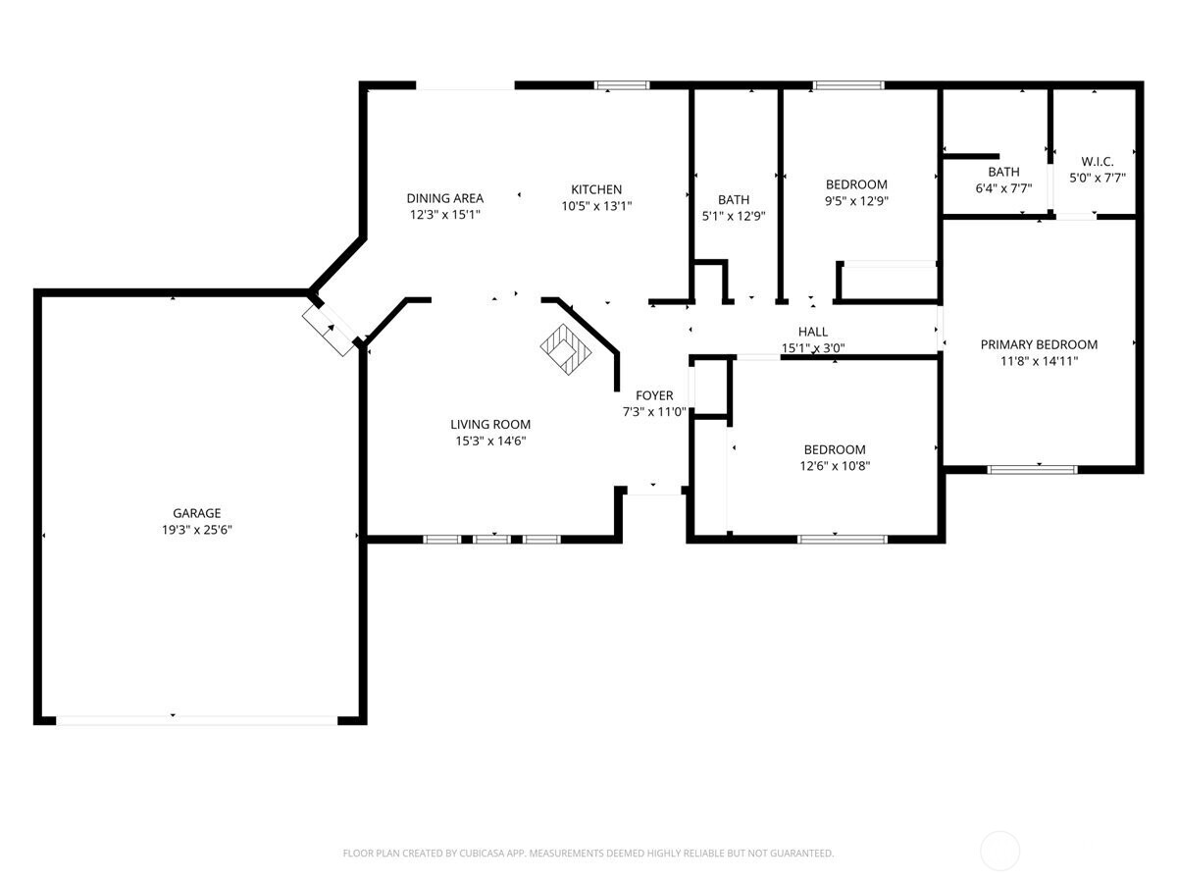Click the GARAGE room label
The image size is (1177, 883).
point(196,513)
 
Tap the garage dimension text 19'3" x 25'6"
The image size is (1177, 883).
point(196,529)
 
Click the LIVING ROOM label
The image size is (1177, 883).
point(490,425)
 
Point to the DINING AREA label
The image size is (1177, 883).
point(445,198)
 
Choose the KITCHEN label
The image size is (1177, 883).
point(596,189)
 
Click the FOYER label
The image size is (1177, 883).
point(654,395)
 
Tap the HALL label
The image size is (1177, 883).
point(812,332)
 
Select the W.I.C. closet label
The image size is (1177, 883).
point(1098,162)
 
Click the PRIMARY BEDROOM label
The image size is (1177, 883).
point(1039,344)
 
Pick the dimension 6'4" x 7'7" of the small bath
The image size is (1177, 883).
point(1003,188)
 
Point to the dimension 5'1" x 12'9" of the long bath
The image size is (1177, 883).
point(734,216)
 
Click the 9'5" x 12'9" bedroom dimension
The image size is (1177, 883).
point(856,201)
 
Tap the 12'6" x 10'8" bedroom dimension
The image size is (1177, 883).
point(835,466)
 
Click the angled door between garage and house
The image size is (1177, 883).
point(330,328)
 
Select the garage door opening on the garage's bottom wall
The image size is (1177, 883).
point(196,719)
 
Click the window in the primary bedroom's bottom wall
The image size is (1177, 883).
point(1032,469)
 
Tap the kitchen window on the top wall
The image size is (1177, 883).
point(623,85)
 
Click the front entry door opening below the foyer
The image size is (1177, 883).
point(654,490)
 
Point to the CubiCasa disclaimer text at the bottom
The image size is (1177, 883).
point(588,854)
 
